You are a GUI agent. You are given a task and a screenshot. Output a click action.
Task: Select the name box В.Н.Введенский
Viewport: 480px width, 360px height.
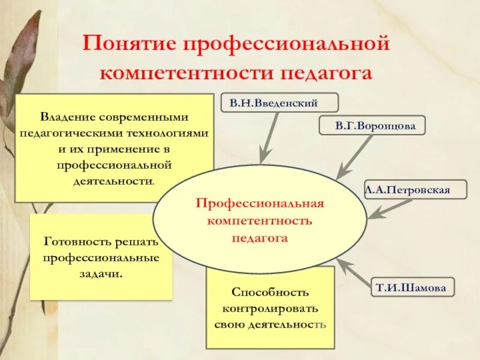[273, 103]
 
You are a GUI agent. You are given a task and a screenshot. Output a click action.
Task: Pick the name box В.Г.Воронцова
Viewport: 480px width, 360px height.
[371, 127]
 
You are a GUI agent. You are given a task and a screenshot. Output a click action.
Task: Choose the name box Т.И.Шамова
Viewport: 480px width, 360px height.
[411, 287]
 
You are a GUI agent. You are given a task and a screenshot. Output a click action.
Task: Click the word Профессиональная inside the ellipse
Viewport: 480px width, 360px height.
[260, 203]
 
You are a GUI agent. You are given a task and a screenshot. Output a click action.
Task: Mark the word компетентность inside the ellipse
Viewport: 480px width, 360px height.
[260, 220]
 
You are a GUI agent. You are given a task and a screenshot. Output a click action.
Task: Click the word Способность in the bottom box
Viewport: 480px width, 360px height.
[270, 293]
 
